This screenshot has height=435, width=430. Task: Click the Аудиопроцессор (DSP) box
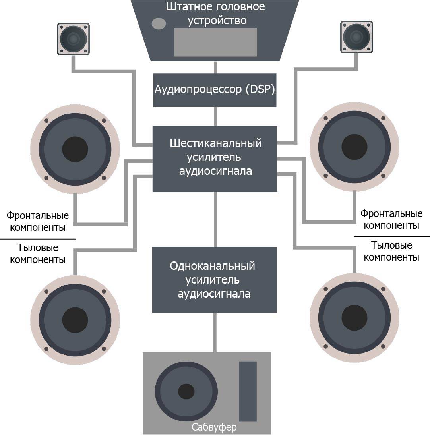point(215,90)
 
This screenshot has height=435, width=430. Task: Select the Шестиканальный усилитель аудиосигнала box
point(215,158)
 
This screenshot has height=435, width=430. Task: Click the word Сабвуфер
point(214,427)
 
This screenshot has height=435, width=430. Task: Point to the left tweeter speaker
point(74,39)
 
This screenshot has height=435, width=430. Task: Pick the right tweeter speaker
point(356,37)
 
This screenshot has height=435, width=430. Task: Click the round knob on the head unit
point(159,24)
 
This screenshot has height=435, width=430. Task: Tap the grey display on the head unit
point(215,42)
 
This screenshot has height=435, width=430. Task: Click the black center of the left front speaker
point(75,149)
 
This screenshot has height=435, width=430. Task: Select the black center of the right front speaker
point(354,148)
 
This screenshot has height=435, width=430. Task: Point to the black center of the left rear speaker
point(75,320)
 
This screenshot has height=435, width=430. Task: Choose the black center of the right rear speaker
point(354,318)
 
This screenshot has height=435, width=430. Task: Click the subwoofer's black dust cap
point(186,392)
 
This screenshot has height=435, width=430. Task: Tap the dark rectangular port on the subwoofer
point(248,391)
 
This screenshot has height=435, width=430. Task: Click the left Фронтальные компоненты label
point(38,222)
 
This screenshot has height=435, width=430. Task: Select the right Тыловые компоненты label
point(391,251)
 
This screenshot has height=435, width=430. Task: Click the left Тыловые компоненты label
point(38,253)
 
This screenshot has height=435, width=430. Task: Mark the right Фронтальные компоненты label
point(391,219)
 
